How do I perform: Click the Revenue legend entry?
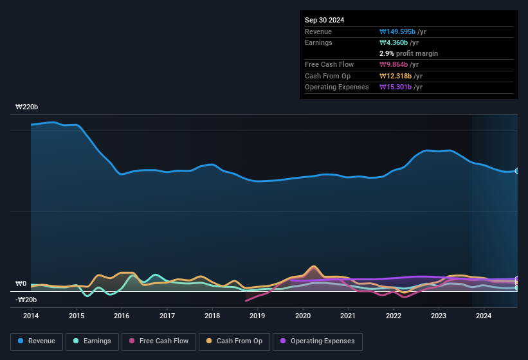tap(37, 341)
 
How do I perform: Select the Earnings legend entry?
tap(92, 341)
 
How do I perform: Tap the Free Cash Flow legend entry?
tap(159, 341)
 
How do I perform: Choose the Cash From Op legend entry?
tap(233, 341)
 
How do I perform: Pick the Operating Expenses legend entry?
tap(318, 341)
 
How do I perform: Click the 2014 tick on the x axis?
tap(31, 316)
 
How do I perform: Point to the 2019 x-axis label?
tap(257, 316)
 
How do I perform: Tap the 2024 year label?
tap(484, 316)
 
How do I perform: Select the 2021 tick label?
tap(348, 316)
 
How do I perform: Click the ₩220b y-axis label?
tap(27, 107)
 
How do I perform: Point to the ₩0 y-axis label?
tap(21, 283)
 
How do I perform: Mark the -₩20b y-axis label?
tap(26, 300)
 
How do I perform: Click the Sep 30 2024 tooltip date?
tap(325, 20)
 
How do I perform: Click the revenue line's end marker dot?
tap(517, 171)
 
